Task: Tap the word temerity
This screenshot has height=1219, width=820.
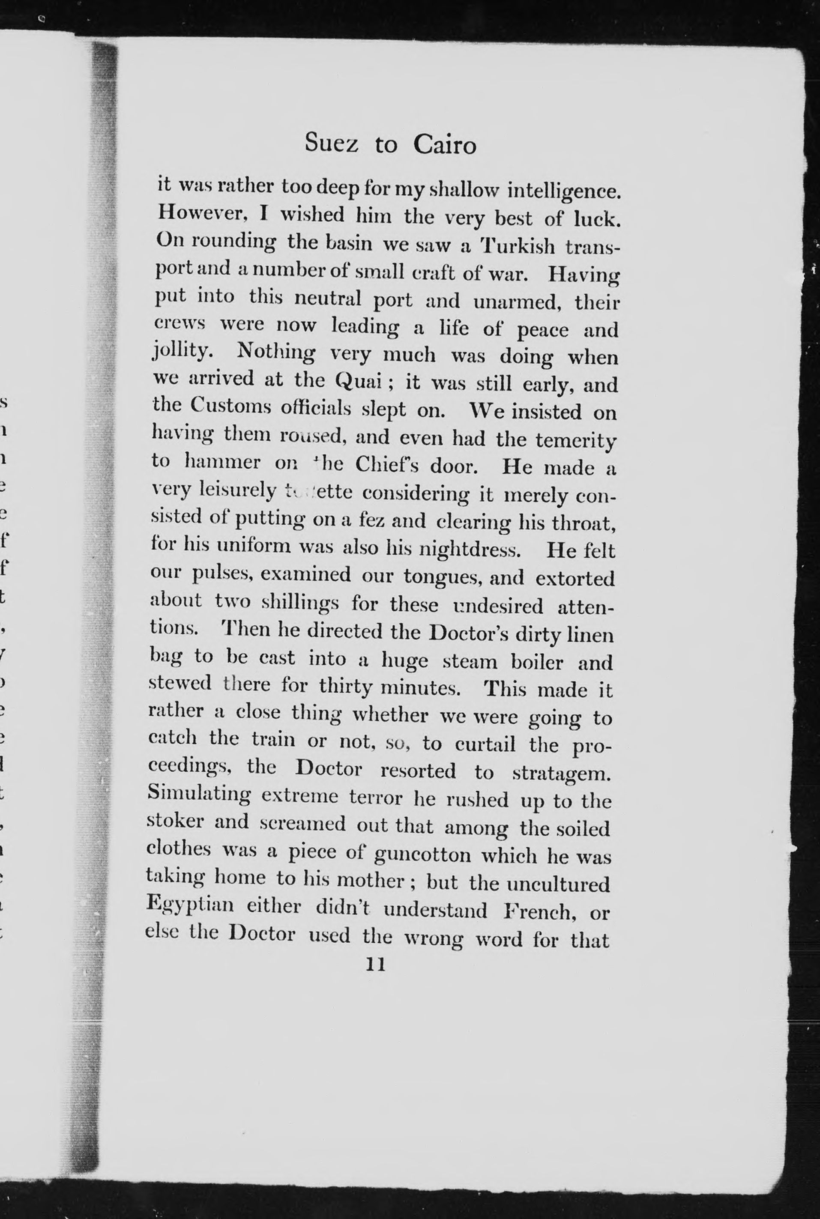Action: (x=576, y=441)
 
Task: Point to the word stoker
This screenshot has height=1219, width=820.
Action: (x=175, y=822)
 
